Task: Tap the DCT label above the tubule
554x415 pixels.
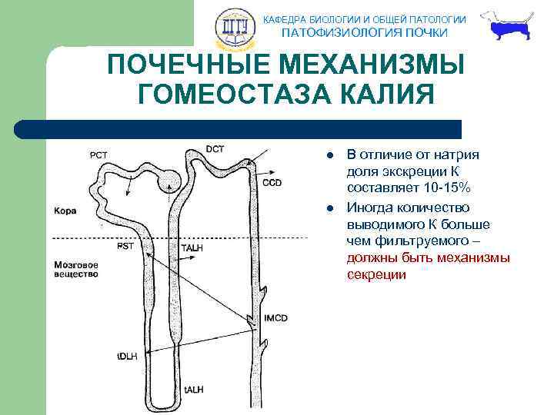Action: click(215, 149)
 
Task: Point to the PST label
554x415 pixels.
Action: click(125, 247)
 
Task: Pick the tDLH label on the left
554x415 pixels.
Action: click(128, 357)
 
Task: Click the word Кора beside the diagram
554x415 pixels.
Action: click(65, 210)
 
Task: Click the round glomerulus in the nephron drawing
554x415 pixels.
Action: click(170, 182)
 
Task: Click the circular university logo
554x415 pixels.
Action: click(232, 28)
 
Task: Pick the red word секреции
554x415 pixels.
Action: click(376, 274)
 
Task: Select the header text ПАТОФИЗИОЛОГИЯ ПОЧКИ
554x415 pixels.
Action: click(364, 32)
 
